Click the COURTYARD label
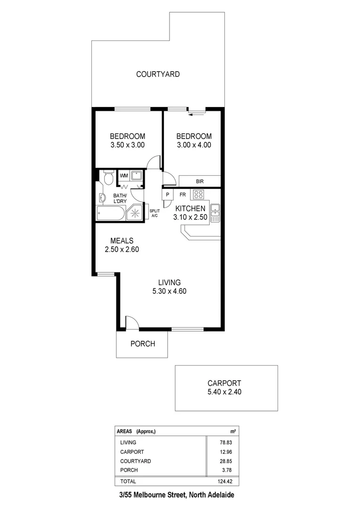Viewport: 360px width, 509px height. click(158, 74)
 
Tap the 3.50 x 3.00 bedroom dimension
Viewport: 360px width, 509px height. click(127, 145)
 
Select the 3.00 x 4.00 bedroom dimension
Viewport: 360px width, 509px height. click(194, 145)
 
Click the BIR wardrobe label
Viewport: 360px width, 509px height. click(200, 181)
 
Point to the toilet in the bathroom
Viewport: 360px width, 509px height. click(108, 177)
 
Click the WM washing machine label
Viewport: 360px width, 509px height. click(124, 176)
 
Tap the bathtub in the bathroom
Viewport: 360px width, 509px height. click(110, 213)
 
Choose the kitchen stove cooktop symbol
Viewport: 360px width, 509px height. click(198, 194)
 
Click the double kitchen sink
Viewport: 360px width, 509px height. click(215, 213)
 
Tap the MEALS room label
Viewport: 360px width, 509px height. click(121, 241)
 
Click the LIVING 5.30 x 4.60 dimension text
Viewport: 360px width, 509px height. click(170, 291)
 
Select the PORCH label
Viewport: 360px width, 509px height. click(142, 344)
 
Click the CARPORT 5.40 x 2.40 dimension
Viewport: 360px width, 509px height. click(225, 392)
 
